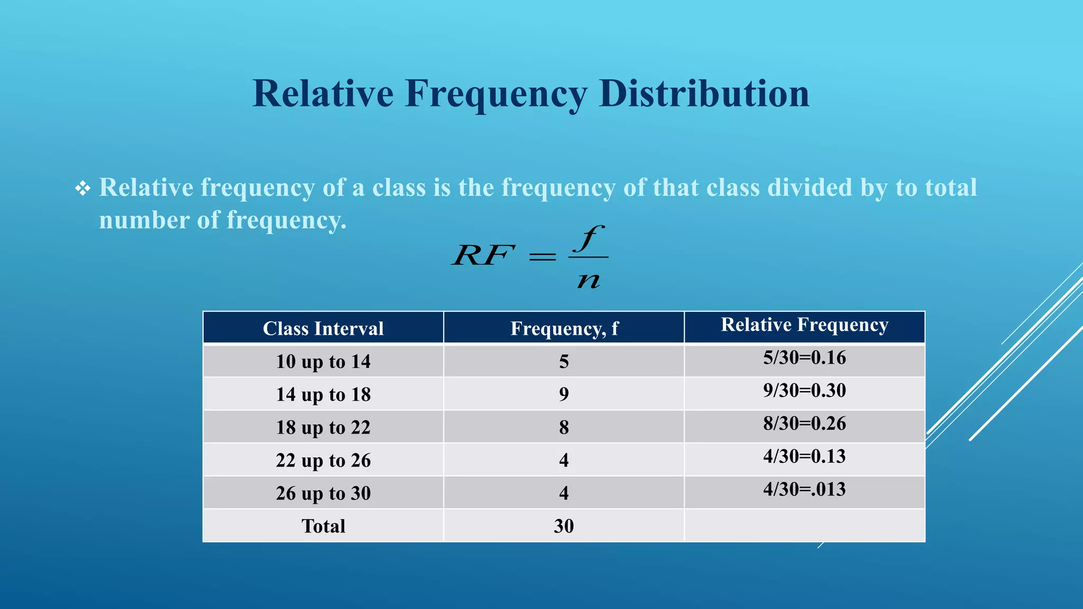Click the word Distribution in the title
pyautogui.click(x=704, y=94)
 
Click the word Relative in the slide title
pyautogui.click(x=323, y=94)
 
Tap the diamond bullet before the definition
pyautogui.click(x=82, y=188)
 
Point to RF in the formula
pyautogui.click(x=483, y=256)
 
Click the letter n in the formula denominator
pyautogui.click(x=589, y=280)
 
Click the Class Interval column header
pyautogui.click(x=323, y=328)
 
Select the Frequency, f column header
pyautogui.click(x=564, y=328)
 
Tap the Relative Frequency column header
pyautogui.click(x=804, y=325)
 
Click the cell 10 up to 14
pyautogui.click(x=323, y=362)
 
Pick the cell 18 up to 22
pyautogui.click(x=323, y=427)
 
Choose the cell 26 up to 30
pyautogui.click(x=323, y=493)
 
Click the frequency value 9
pyautogui.click(x=564, y=394)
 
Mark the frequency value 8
pyautogui.click(x=564, y=427)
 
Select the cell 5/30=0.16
pyautogui.click(x=804, y=358)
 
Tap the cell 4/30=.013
pyautogui.click(x=804, y=489)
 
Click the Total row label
pyautogui.click(x=323, y=526)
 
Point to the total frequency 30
pyautogui.click(x=564, y=526)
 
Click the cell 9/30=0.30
pyautogui.click(x=804, y=391)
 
